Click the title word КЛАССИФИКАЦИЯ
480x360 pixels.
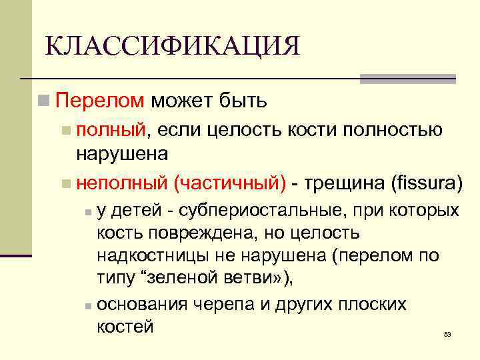(172, 46)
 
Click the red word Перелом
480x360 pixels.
(100, 101)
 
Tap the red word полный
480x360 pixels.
(111, 129)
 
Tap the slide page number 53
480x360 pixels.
(447, 334)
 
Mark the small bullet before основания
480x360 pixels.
(88, 305)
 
